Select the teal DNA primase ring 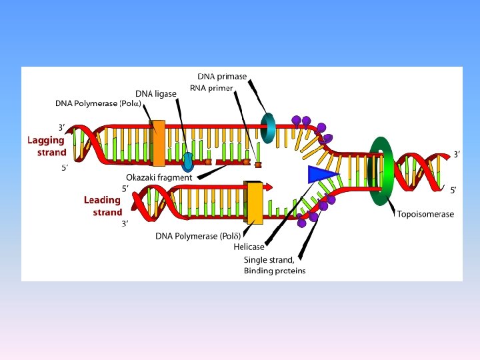268,127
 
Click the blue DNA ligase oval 188,161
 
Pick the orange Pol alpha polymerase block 159,143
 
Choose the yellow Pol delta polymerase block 254,203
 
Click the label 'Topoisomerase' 425,214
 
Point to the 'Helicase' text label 249,247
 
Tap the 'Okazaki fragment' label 159,178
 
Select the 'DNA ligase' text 156,94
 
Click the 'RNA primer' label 211,87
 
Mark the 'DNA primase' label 222,76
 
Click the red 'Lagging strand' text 47,146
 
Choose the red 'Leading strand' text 103,206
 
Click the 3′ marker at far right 457,155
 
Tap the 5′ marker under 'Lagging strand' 65,168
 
